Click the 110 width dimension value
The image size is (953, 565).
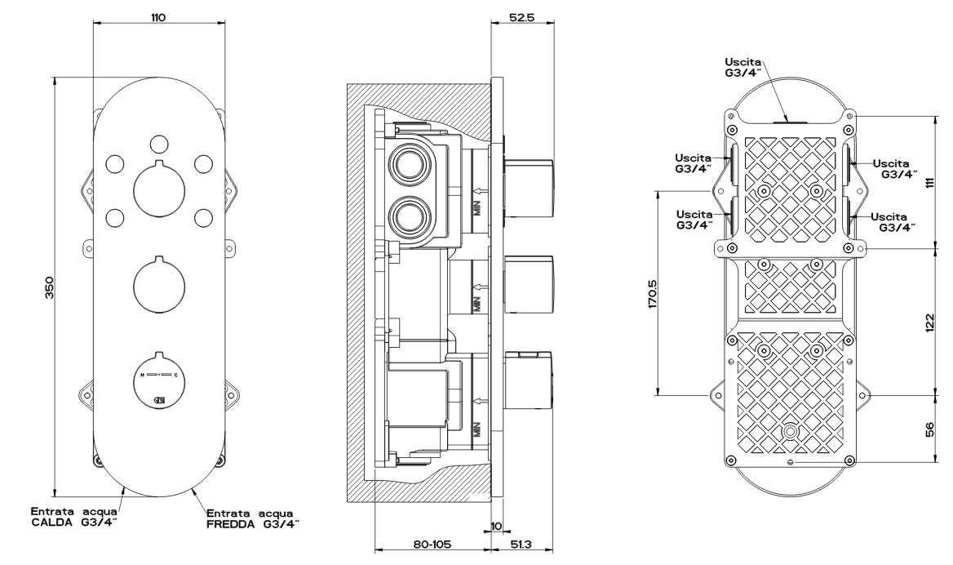click(x=158, y=17)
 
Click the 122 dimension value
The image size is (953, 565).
click(x=929, y=323)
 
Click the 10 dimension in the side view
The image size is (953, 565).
click(x=498, y=526)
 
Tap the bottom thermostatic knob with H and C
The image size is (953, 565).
click(x=158, y=378)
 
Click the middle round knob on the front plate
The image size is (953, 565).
click(x=158, y=282)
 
